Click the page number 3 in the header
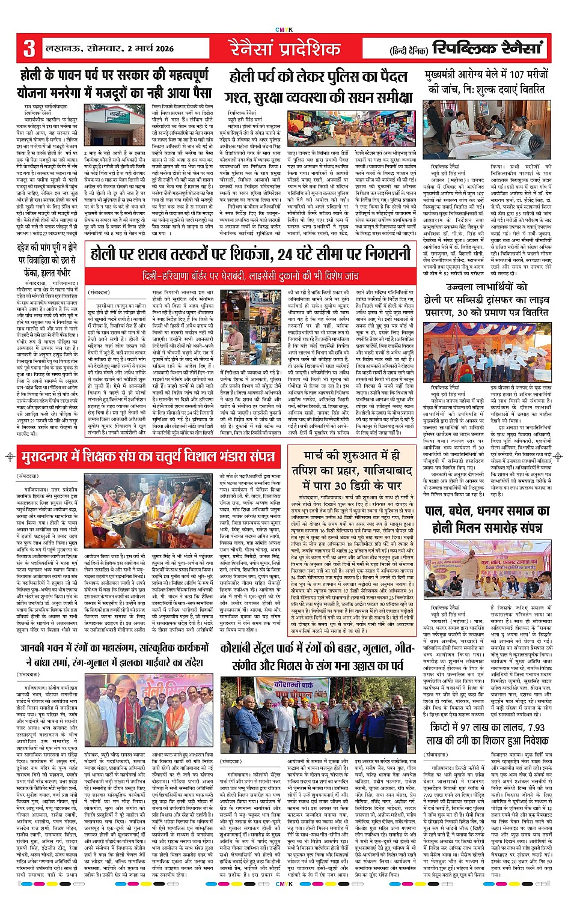pyautogui.click(x=29, y=49)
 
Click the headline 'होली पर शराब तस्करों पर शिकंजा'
pyautogui.click(x=251, y=255)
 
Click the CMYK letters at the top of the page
pyautogui.click(x=284, y=29)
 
